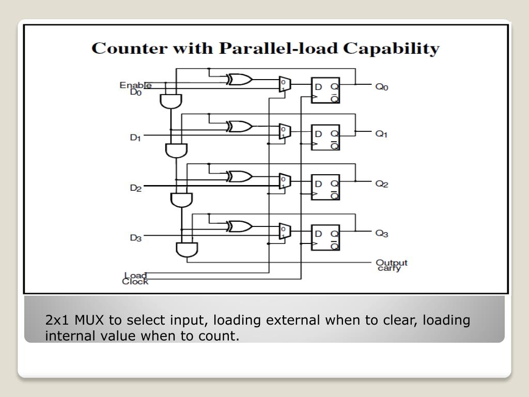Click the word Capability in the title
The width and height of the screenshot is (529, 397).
coord(393,49)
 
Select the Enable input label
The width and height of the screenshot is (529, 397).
coord(135,85)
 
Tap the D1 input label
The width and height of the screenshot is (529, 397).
coord(135,138)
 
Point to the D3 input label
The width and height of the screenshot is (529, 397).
coord(135,238)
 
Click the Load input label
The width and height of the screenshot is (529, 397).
coord(135,275)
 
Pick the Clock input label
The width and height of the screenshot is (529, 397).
coord(135,282)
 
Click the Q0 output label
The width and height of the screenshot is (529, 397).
coord(381,87)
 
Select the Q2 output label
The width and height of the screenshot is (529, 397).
coord(381,184)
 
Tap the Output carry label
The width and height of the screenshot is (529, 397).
coord(392,265)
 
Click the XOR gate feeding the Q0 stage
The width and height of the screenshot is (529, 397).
coord(239,80)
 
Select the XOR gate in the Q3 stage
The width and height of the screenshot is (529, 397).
coord(239,226)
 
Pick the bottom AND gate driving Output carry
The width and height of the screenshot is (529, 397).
coord(186,250)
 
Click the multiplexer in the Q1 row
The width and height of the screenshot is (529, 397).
coord(284,130)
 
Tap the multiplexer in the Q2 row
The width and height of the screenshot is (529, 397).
coord(284,181)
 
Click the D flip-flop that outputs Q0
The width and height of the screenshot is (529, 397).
coord(325,90)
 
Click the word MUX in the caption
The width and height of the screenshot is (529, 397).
coord(78,320)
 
